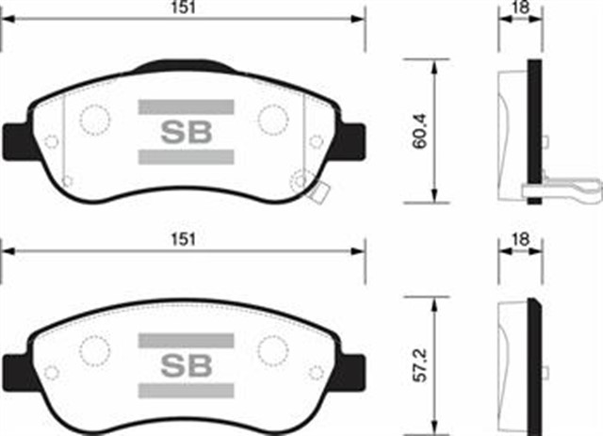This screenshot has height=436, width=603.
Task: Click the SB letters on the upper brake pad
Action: point(187,131)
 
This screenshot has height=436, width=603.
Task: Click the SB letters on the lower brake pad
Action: point(187,363)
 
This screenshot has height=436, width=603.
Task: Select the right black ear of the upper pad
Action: point(352,140)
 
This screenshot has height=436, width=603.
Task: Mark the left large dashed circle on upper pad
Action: point(94,120)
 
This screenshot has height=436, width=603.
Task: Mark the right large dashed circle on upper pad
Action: point(272,120)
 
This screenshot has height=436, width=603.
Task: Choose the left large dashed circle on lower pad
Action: point(94,350)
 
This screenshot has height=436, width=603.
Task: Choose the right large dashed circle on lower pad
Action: point(272,350)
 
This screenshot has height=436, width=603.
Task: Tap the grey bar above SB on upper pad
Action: point(186,106)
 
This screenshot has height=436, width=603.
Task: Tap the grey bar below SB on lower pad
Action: point(186,390)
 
